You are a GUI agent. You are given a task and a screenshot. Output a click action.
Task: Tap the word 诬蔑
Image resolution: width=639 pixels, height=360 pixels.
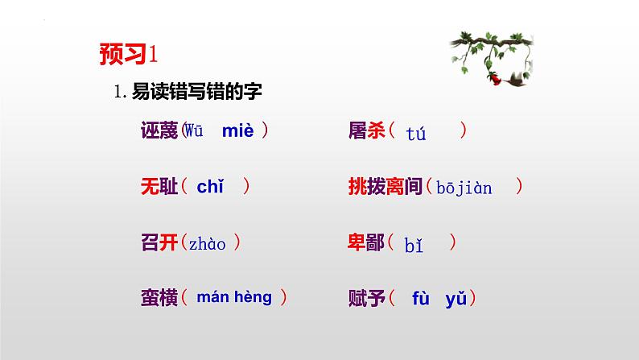pyautogui.click(x=159, y=131)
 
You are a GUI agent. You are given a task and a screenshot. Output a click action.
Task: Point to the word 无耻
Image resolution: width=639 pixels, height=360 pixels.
pyautogui.click(x=159, y=186)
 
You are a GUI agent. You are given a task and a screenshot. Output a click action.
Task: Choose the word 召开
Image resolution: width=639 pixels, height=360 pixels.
pyautogui.click(x=159, y=242)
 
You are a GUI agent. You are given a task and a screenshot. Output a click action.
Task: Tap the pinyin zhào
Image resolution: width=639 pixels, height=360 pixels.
pyautogui.click(x=208, y=242)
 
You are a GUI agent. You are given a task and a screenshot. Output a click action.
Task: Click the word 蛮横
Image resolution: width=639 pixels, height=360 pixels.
pyautogui.click(x=159, y=297)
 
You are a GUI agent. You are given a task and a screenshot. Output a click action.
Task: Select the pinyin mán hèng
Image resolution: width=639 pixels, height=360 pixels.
pyautogui.click(x=234, y=297)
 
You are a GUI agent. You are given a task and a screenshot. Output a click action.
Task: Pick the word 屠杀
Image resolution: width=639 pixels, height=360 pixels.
pyautogui.click(x=365, y=131)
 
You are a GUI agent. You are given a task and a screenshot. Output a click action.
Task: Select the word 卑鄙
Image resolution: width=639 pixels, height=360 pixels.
pyautogui.click(x=365, y=242)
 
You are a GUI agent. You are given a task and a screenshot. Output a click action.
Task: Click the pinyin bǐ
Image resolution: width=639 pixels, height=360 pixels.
pyautogui.click(x=414, y=243)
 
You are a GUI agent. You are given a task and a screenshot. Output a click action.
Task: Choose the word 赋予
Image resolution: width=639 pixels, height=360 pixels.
pyautogui.click(x=365, y=298)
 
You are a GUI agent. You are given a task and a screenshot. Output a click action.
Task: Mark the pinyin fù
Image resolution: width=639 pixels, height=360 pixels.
pyautogui.click(x=422, y=298)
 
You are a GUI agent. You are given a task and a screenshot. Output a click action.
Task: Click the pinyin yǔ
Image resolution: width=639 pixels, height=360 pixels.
pyautogui.click(x=456, y=299)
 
